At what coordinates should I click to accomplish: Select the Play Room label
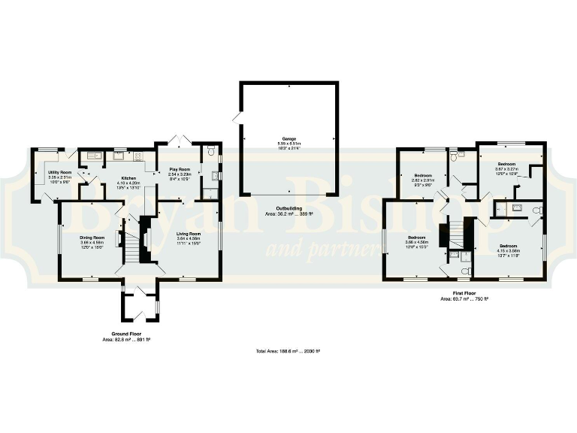(x=180, y=170)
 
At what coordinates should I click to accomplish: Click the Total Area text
(x=288, y=351)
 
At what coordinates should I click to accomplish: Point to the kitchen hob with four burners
(x=138, y=156)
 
